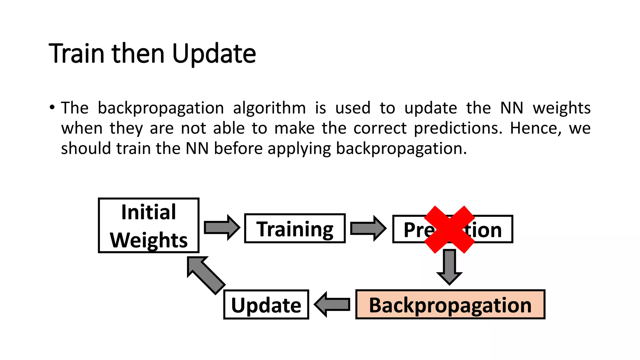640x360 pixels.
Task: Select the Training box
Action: click(295, 228)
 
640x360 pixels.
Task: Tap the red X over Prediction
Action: click(449, 229)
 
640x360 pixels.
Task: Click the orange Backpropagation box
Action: click(450, 305)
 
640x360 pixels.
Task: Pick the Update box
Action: click(266, 305)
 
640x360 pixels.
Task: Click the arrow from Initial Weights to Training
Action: click(222, 227)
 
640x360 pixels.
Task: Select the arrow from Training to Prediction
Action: click(368, 228)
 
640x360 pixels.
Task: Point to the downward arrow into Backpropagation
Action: click(449, 267)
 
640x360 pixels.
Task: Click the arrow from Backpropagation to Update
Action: click(332, 304)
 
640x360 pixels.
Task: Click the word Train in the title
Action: click(77, 53)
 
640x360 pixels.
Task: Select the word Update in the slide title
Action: click(214, 53)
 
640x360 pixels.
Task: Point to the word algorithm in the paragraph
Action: click(269, 108)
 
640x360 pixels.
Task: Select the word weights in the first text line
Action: click(561, 108)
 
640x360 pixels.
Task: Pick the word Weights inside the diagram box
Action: click(149, 240)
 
